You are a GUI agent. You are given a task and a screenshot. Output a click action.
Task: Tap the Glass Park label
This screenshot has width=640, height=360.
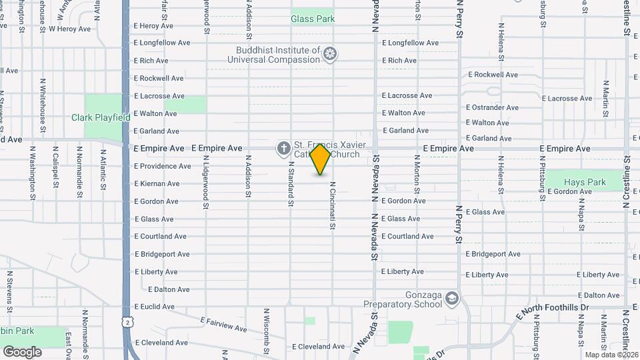click(313, 19)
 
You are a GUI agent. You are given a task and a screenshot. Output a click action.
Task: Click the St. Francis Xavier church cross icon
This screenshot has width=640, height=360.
click(283, 148)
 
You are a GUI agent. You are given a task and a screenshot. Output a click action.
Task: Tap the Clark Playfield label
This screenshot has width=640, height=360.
click(101, 118)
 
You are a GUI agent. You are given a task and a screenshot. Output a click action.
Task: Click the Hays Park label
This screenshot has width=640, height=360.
click(584, 182)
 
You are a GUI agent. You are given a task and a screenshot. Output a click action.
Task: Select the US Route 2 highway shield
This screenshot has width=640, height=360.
click(127, 322)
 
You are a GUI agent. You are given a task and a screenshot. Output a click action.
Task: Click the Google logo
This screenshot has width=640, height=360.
click(22, 351)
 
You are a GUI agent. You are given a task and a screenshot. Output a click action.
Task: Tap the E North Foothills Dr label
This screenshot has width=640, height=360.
click(553, 307)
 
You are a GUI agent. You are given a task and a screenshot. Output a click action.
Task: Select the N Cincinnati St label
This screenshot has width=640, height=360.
click(331, 205)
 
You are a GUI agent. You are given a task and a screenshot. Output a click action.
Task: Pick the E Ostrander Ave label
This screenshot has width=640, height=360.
click(492, 107)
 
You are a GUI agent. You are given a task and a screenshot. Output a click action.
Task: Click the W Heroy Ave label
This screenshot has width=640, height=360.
click(69, 29)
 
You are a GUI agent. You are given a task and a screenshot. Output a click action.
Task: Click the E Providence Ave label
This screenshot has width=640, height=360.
click(162, 166)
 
